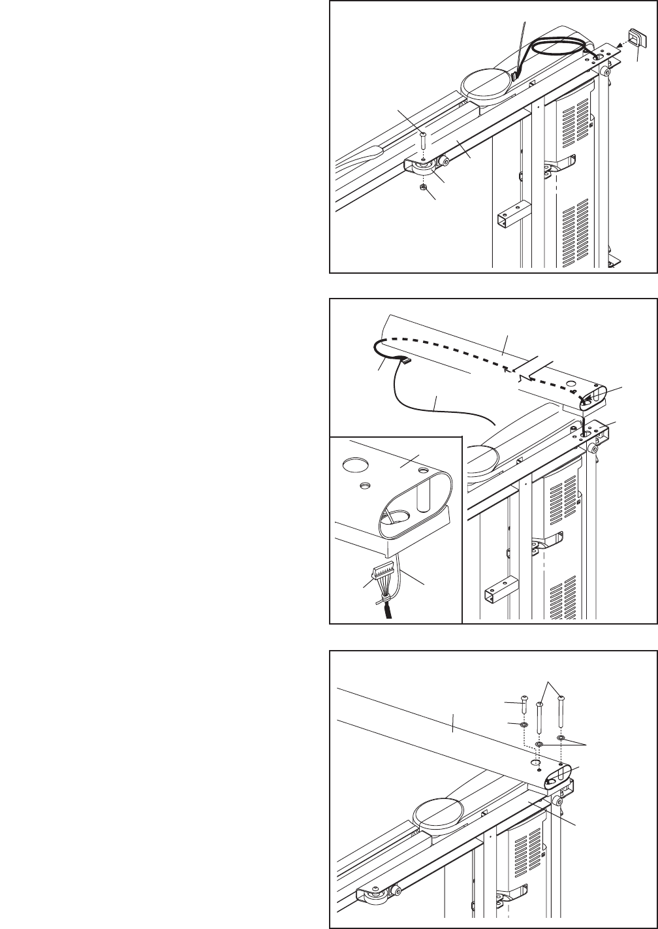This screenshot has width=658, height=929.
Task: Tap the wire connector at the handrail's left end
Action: click(x=403, y=361)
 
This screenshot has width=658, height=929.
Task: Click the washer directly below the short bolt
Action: click(x=524, y=725)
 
